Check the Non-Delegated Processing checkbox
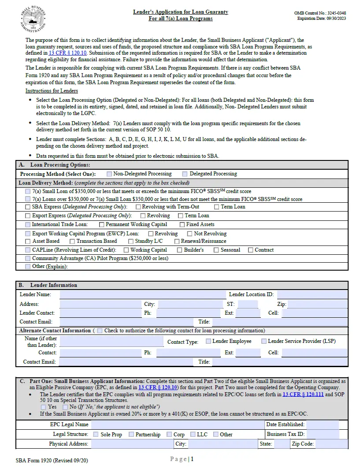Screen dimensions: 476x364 click(109, 174)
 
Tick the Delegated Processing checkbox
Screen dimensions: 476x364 click(185, 174)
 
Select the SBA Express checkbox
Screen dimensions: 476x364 click(28, 207)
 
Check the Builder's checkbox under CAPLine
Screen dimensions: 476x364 click(179, 250)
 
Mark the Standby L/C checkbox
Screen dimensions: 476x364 click(131, 241)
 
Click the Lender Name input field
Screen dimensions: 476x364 click(142, 294)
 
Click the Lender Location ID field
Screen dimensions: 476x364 click(312, 294)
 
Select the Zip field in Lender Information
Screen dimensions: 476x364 click(317, 304)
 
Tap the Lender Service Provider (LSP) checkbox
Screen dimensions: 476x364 click(264, 341)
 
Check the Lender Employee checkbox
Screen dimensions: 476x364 click(208, 341)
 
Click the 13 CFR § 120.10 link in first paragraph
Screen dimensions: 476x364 click(67, 53)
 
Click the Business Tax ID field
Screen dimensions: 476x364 click(323, 434)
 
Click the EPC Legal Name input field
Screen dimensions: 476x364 click(176, 424)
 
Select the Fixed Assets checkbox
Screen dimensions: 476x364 click(182, 224)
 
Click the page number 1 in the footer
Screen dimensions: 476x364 click(192, 459)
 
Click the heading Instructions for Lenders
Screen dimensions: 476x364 click(52, 91)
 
